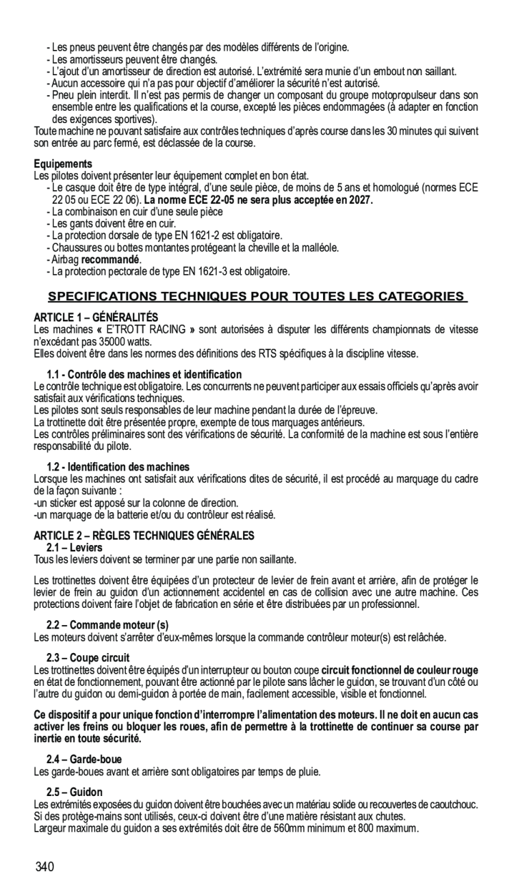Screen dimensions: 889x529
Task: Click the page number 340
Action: tap(45, 867)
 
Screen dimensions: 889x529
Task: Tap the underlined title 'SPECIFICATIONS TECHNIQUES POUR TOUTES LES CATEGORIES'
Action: tap(257, 297)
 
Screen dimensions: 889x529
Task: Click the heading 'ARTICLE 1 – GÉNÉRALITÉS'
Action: tap(96, 318)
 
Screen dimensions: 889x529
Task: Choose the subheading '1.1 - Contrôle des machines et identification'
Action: tap(144, 374)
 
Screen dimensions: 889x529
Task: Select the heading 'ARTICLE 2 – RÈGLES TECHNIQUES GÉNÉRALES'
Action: tap(144, 535)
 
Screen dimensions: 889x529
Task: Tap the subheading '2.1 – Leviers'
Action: tap(75, 547)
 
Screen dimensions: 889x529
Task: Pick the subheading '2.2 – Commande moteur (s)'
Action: tap(107, 625)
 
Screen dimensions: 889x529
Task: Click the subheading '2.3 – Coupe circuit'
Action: tap(88, 659)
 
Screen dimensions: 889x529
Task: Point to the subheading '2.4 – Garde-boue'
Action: tap(84, 760)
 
